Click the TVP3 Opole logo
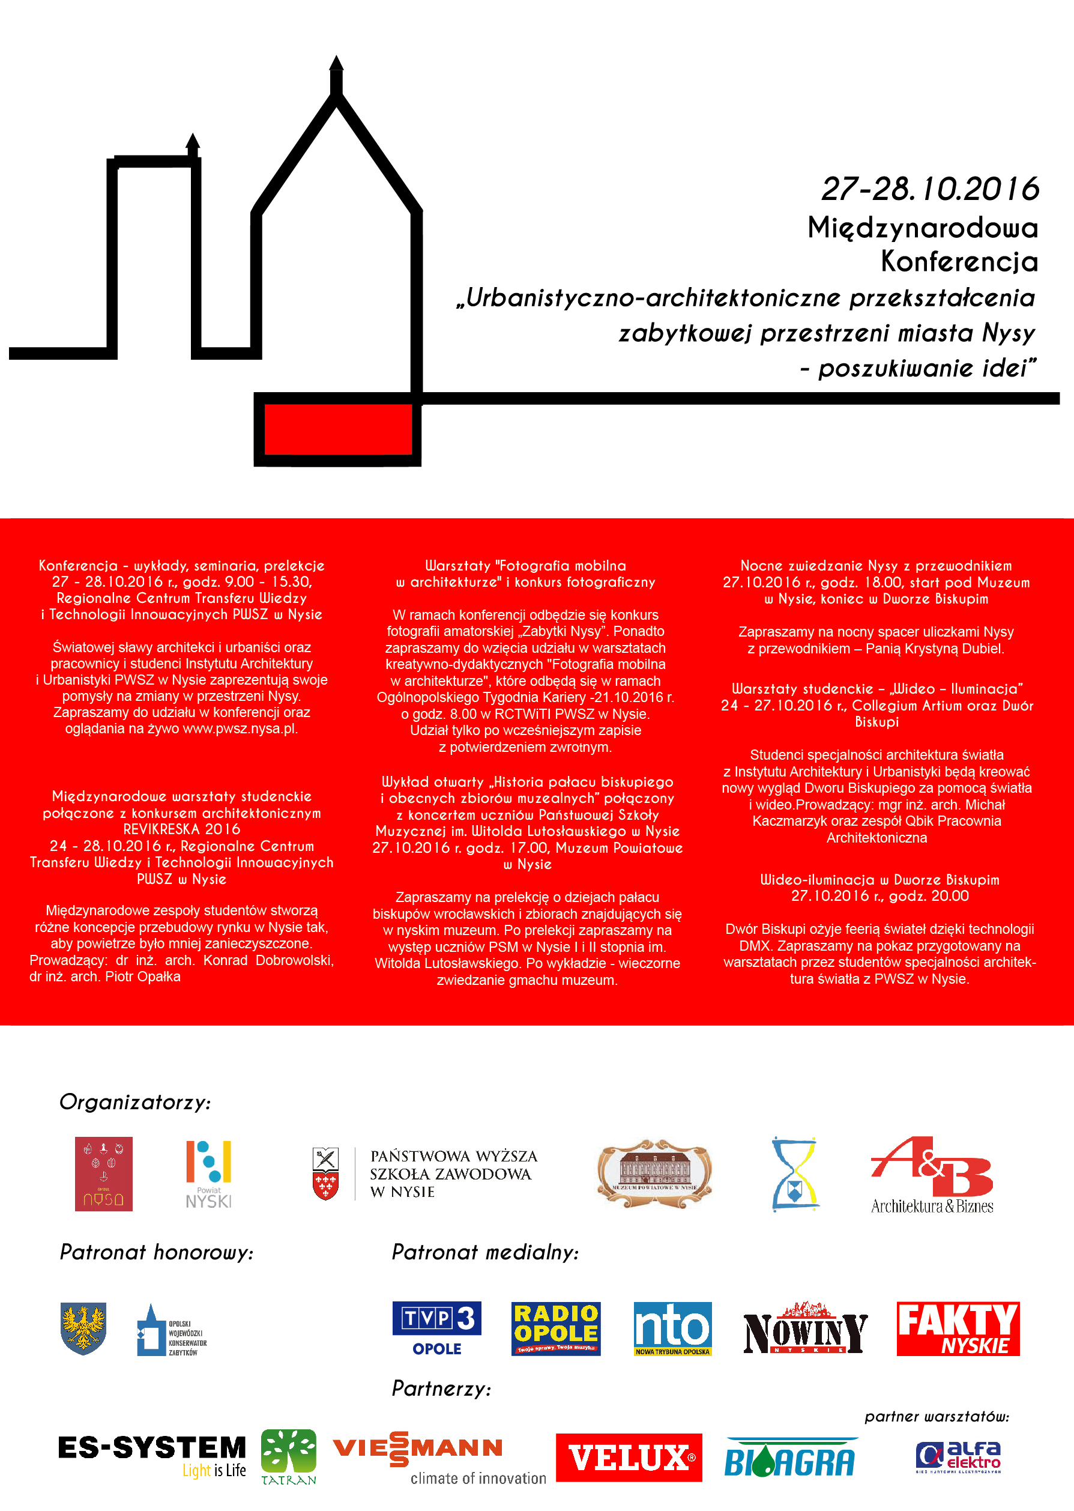(x=436, y=1328)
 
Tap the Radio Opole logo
(x=555, y=1328)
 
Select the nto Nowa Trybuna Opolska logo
(x=672, y=1328)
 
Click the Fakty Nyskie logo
(x=958, y=1328)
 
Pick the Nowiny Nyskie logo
(x=805, y=1328)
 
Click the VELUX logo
(x=629, y=1458)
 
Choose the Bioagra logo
(x=789, y=1458)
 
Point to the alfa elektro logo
(x=958, y=1457)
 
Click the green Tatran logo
(x=288, y=1456)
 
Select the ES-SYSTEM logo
(x=152, y=1455)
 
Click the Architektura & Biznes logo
(x=932, y=1175)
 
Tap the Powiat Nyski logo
(x=208, y=1174)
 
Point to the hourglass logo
(x=795, y=1173)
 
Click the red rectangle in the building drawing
(x=337, y=429)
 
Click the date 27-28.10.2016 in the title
(x=929, y=189)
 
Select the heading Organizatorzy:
(x=135, y=1102)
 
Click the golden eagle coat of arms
(x=83, y=1328)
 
